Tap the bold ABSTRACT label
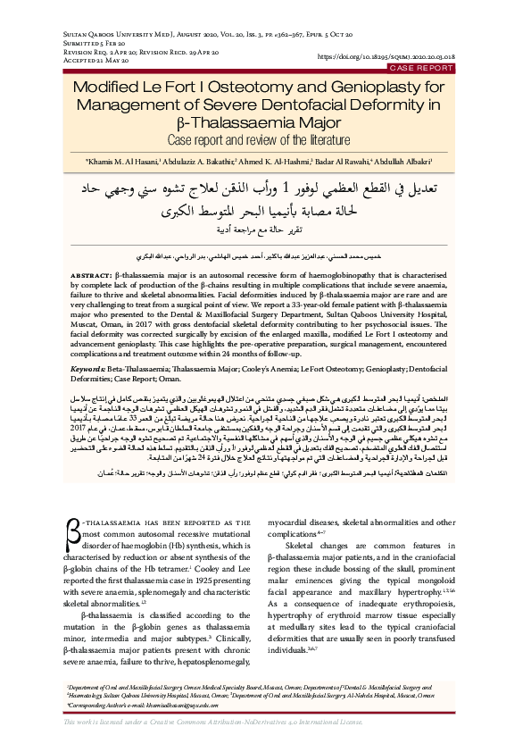point(91,276)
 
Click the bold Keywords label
point(89,368)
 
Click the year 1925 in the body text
point(194,552)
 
